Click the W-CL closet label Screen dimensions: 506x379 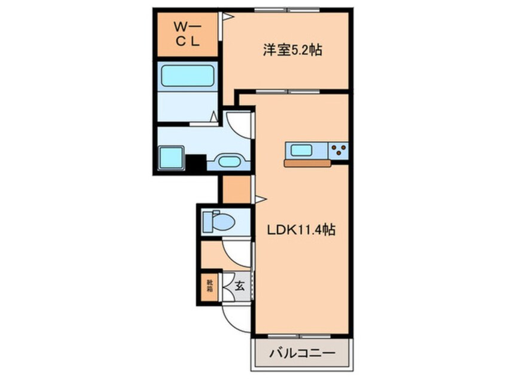click(187, 34)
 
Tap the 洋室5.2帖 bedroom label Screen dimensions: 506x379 click(292, 50)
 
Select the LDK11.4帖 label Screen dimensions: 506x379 click(301, 230)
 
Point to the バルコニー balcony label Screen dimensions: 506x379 click(303, 353)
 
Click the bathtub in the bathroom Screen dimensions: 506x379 click(187, 76)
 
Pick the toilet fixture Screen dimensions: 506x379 click(218, 221)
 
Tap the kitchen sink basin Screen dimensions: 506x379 click(301, 150)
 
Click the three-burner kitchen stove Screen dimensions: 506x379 click(338, 150)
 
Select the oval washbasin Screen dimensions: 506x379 click(230, 161)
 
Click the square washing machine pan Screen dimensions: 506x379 click(171, 157)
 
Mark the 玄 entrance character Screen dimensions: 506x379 click(239, 286)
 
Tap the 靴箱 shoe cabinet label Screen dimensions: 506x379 click(210, 286)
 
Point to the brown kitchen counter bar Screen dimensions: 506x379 click(307, 163)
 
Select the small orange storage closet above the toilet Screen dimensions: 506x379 click(236, 189)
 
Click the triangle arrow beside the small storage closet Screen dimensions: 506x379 click(261, 199)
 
